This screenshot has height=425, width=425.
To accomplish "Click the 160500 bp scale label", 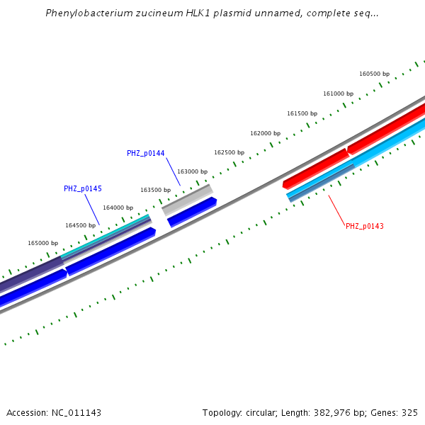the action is (374, 74).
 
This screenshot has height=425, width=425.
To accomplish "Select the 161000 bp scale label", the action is (338, 93).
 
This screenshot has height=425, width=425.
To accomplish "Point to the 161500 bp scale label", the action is (302, 113).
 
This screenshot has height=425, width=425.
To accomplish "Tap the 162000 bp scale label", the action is (265, 133).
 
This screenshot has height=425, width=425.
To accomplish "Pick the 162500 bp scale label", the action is (229, 152).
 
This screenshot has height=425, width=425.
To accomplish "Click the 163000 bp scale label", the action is (192, 171).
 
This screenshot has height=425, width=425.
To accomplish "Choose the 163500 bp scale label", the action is (155, 190).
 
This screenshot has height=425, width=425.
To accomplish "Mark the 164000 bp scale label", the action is (118, 208).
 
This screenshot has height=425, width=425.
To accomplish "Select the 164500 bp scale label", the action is (80, 225).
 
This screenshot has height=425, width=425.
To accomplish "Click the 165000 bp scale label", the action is (42, 243).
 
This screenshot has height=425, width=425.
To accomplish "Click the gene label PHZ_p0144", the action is (146, 153).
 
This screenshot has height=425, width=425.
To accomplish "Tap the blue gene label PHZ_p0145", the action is (83, 188).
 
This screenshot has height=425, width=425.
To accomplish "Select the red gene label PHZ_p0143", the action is (364, 226).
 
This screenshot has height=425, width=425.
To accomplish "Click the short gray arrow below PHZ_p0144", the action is (187, 200).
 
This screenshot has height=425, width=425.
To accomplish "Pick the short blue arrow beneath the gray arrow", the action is (191, 212).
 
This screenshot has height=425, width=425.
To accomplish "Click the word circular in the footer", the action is (259, 412).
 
